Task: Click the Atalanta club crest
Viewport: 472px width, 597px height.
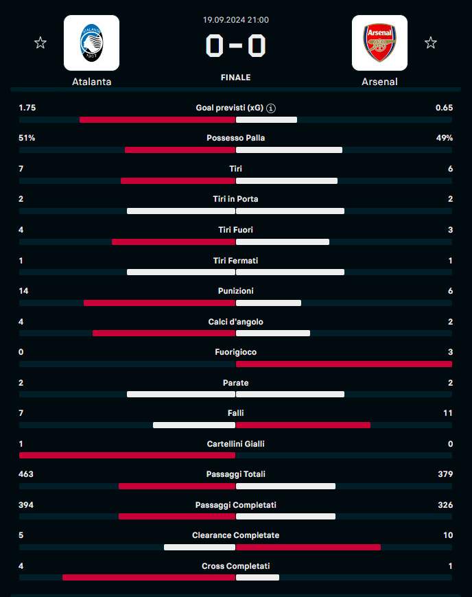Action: [91, 43]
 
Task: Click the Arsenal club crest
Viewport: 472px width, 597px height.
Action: [379, 43]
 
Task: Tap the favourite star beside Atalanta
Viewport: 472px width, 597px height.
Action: [40, 43]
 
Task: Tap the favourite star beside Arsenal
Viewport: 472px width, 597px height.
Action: [430, 43]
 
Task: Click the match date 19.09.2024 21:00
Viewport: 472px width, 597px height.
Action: [235, 21]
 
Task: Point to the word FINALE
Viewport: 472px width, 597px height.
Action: [235, 78]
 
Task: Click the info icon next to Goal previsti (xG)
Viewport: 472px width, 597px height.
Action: [271, 108]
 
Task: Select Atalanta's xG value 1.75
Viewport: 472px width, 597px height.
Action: [27, 108]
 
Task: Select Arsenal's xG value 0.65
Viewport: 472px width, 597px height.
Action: [444, 108]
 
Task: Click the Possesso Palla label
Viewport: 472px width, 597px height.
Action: [235, 138]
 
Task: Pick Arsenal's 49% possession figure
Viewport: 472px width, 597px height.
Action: [444, 138]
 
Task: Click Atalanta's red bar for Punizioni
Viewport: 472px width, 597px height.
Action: [159, 303]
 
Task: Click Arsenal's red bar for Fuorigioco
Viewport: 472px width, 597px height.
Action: [344, 364]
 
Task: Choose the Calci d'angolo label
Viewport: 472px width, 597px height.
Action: [235, 322]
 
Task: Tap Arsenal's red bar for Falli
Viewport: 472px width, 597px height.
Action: [303, 425]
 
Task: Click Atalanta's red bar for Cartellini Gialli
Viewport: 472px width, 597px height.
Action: [127, 455]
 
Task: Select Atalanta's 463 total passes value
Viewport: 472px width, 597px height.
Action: [26, 474]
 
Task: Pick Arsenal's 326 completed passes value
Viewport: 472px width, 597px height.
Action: [445, 505]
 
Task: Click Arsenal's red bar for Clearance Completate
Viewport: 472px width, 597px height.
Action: [308, 547]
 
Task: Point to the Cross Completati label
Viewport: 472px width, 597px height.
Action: [235, 566]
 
